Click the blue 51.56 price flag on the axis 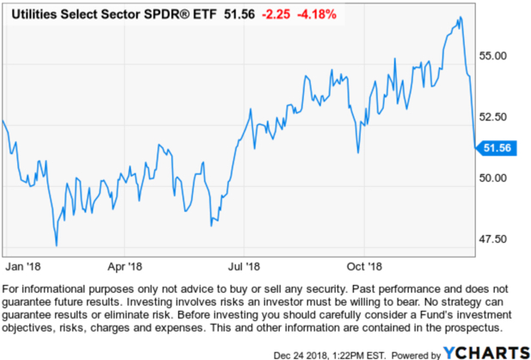click(497, 148)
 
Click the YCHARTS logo click(485, 351)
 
